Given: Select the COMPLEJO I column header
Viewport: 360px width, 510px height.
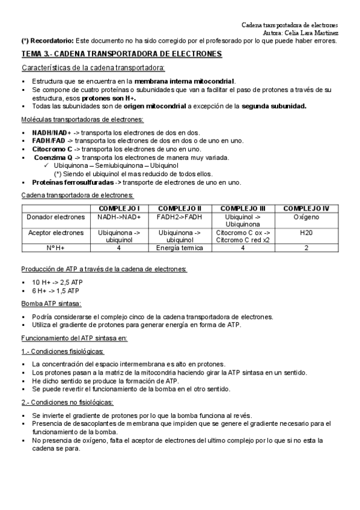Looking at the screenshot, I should (x=119, y=208).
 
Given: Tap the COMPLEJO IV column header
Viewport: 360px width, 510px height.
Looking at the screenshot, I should (x=306, y=208).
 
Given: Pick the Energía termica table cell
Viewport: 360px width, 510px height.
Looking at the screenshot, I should (x=178, y=247).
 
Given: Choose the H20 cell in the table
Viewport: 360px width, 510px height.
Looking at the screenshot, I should (x=306, y=232).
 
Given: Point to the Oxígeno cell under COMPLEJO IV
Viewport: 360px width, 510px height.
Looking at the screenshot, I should (x=306, y=217).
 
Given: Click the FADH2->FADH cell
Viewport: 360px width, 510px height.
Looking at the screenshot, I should (x=178, y=217).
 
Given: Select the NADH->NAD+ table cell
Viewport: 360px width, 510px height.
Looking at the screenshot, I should (x=119, y=217).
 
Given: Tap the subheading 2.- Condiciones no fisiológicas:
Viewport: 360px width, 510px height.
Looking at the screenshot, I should (x=67, y=402).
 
